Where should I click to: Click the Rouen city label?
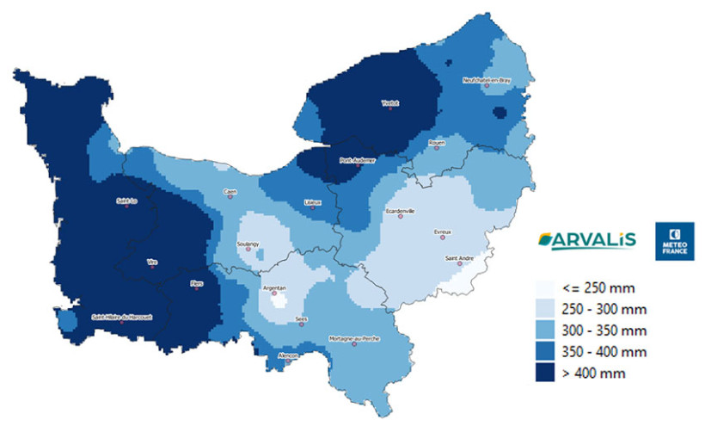point(435,142)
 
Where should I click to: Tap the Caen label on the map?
point(230,191)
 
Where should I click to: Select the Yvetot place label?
point(390,103)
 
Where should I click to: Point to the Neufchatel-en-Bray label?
point(487,79)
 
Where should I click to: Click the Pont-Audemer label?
point(357,160)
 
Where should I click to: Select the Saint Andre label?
point(457,258)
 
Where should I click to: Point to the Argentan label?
point(275,287)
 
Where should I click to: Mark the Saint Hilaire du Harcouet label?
point(122,317)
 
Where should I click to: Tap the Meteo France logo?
point(674,240)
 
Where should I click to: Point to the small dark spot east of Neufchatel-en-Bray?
point(499,112)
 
